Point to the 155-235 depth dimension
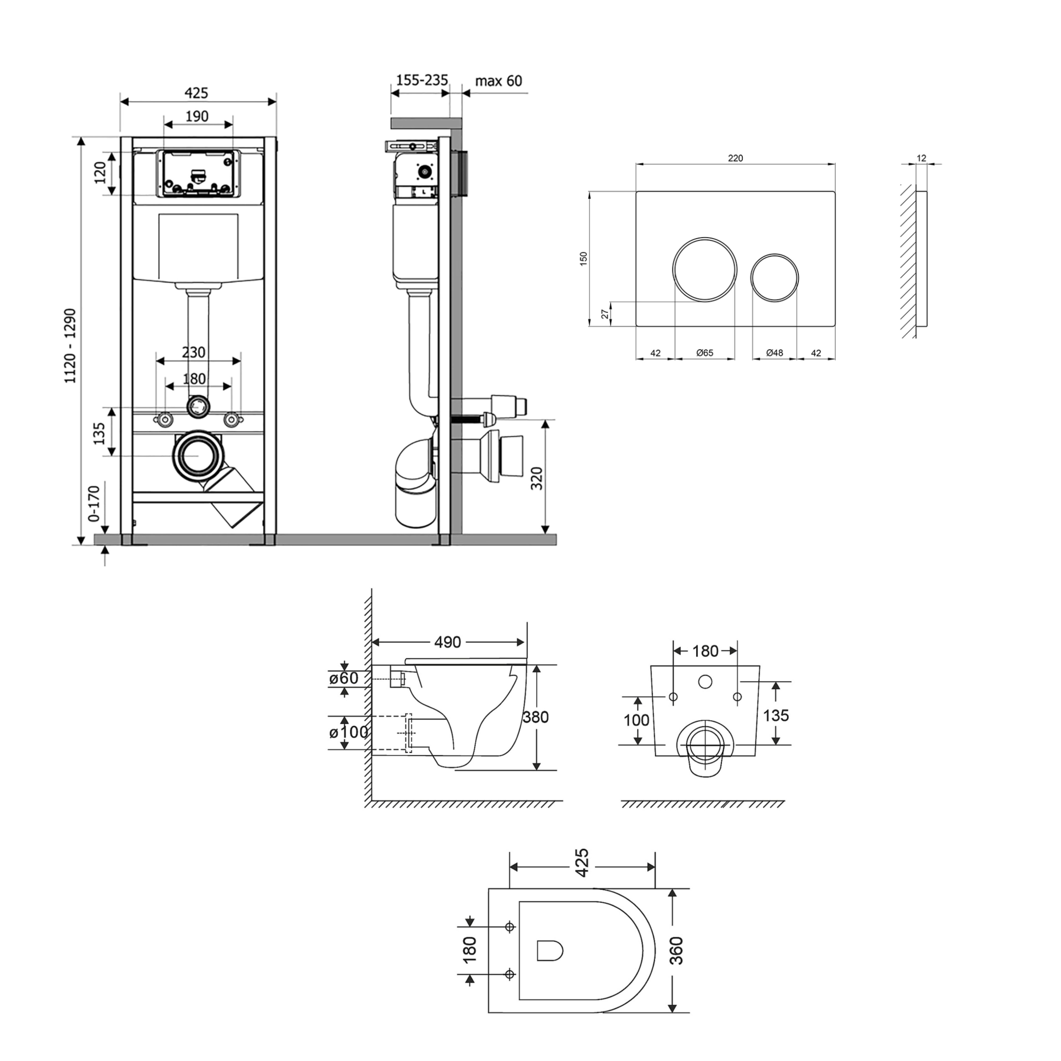point(422,80)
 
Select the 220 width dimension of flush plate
point(735,158)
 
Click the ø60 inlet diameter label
point(344,678)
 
